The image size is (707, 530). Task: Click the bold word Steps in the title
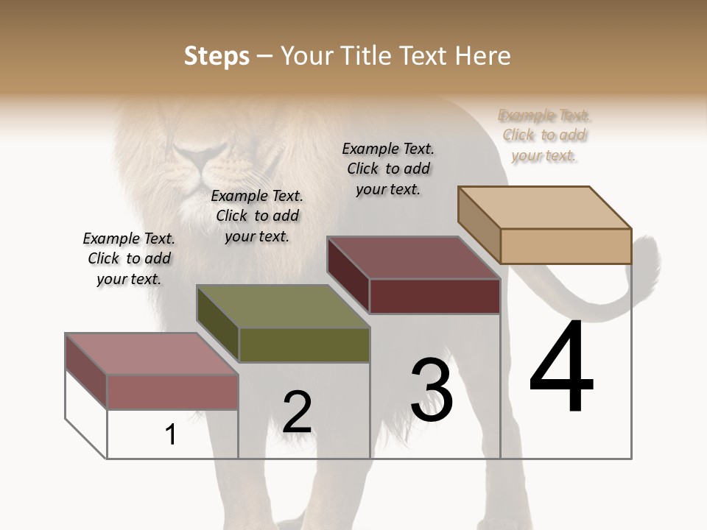pyautogui.click(x=217, y=56)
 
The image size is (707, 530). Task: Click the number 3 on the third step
pyautogui.click(x=432, y=389)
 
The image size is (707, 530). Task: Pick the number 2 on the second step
pyautogui.click(x=297, y=412)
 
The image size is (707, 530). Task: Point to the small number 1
pyautogui.click(x=171, y=434)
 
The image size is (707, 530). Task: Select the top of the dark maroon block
pyautogui.click(x=413, y=258)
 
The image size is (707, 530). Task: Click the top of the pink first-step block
pyautogui.click(x=151, y=354)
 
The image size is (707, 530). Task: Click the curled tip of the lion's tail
pyautogui.click(x=648, y=250)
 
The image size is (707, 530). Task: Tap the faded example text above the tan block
pyautogui.click(x=544, y=135)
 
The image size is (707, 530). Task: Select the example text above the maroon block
pyautogui.click(x=388, y=169)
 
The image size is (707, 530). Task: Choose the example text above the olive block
pyautogui.click(x=257, y=216)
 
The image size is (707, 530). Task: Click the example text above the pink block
pyautogui.click(x=129, y=258)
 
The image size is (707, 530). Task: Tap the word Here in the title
pyautogui.click(x=483, y=56)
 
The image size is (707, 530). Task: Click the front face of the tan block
pyautogui.click(x=566, y=246)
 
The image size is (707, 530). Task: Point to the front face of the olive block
pyautogui.click(x=304, y=344)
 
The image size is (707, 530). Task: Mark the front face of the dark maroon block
pyautogui.click(x=435, y=296)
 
